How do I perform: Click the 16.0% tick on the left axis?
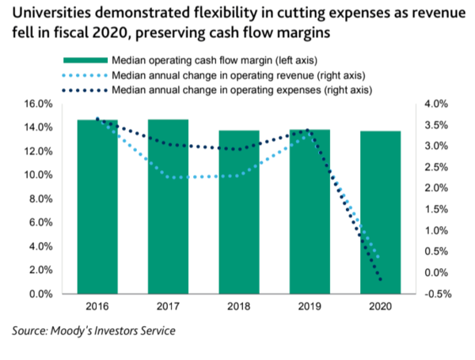coord(38,104)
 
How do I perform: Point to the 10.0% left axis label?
coord(38,175)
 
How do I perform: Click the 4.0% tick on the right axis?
coord(438,104)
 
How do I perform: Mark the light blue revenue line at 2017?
coord(168,176)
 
